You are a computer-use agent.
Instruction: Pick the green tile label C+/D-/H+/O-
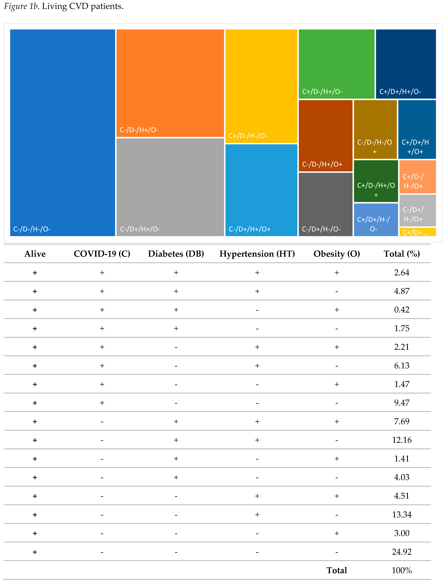(322, 92)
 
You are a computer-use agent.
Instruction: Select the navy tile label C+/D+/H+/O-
(400, 92)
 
